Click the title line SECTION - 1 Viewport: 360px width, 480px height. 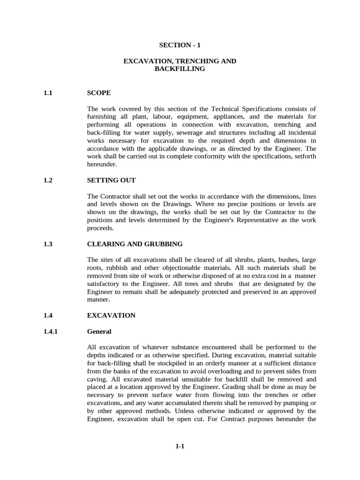[x=180, y=45]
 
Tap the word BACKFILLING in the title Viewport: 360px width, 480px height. [x=180, y=69]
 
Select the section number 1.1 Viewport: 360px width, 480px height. [x=46, y=93]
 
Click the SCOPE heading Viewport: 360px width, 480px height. [x=99, y=93]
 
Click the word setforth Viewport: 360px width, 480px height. [x=304, y=157]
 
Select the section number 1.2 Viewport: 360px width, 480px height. [x=46, y=180]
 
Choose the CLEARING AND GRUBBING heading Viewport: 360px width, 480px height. [x=135, y=244]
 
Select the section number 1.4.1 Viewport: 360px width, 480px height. [x=50, y=331]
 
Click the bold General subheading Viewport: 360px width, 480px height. [x=99, y=331]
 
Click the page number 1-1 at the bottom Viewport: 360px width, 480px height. [x=180, y=446]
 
